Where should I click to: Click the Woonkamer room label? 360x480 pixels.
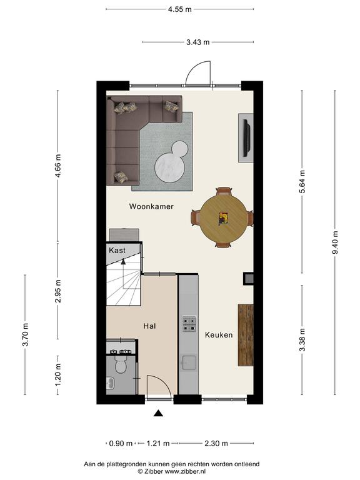[x=151, y=206]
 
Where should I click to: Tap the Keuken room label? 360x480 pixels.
[x=219, y=335]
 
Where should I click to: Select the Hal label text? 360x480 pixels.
[x=150, y=326]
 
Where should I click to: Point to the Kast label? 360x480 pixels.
[x=117, y=251]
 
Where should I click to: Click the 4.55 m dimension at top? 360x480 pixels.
[x=180, y=9]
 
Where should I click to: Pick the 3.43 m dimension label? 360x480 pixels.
[x=198, y=42]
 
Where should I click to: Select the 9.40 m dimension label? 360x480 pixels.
[x=335, y=242]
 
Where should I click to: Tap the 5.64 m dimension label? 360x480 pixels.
[x=302, y=181]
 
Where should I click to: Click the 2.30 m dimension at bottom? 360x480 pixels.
[x=216, y=443]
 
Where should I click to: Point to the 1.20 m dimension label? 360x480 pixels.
[x=58, y=375]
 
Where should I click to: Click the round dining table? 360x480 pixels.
[x=224, y=218]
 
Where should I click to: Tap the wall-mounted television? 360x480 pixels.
[x=247, y=137]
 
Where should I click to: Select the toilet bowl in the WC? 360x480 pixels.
[x=121, y=364]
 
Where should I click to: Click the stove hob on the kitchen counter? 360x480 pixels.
[x=189, y=324]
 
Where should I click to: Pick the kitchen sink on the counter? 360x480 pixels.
[x=188, y=362]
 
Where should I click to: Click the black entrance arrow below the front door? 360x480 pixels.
[x=158, y=413]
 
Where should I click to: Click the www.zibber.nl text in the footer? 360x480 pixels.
[x=185, y=472]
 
